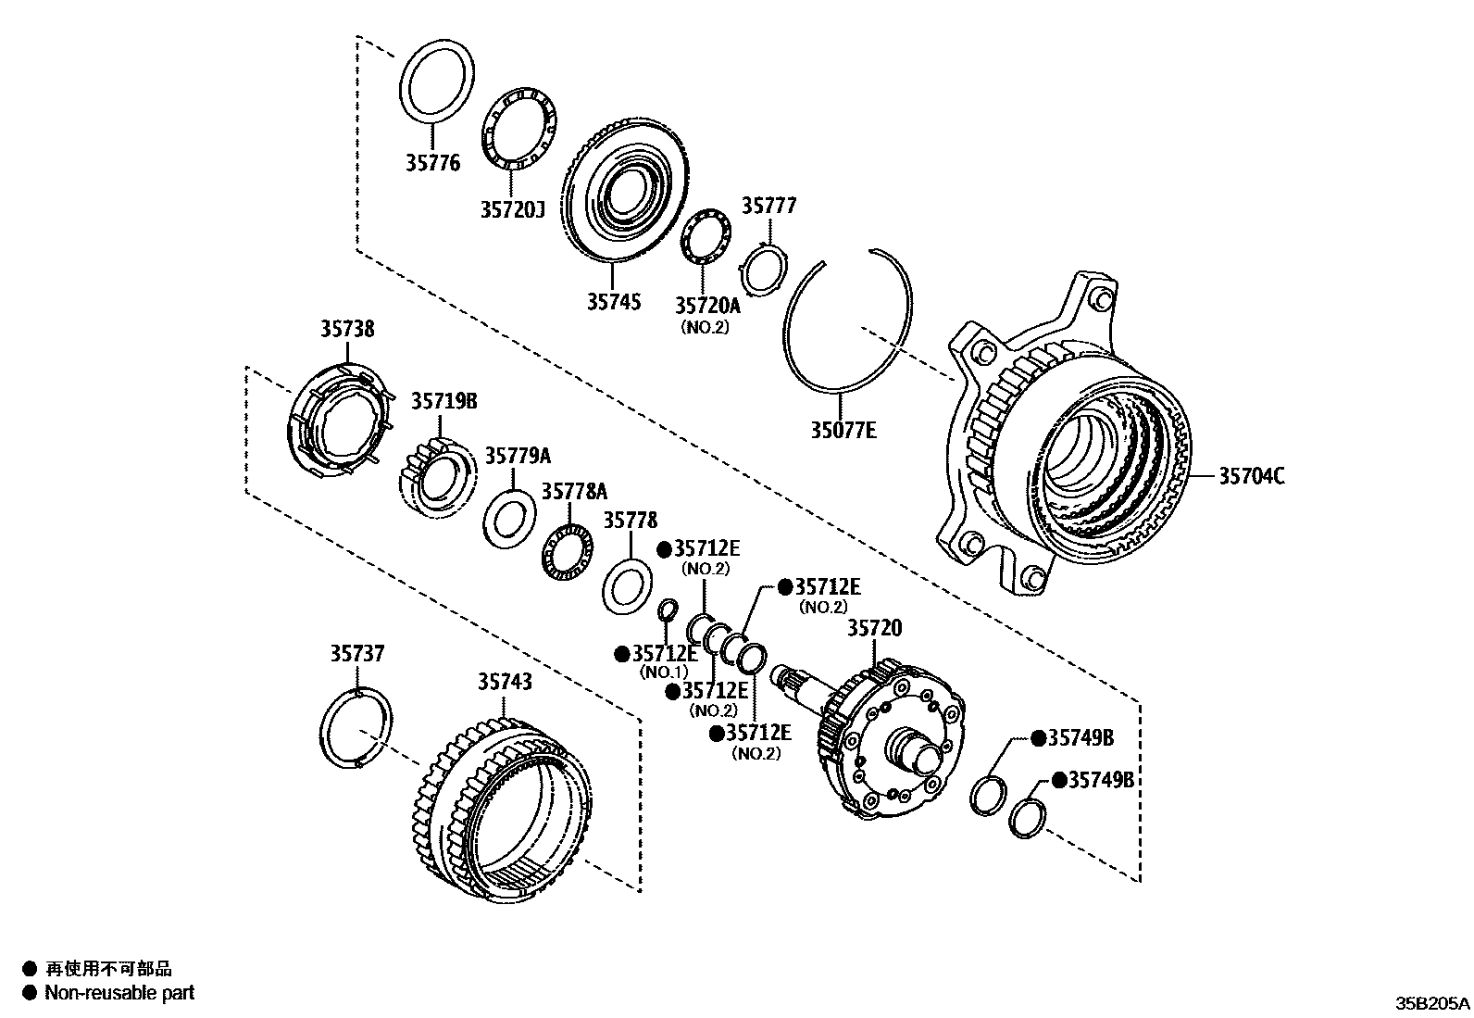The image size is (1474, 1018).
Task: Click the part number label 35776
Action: point(431,164)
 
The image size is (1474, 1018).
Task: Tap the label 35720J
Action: point(511,210)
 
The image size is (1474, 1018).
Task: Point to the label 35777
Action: point(768,206)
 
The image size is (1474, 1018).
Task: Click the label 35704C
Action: point(1251,476)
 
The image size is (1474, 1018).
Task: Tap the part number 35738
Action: point(348,329)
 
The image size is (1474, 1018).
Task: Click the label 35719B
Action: point(444,401)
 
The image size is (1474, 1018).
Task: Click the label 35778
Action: point(631,521)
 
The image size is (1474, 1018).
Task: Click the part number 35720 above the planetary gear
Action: point(875,629)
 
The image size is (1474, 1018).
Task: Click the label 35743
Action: point(505,682)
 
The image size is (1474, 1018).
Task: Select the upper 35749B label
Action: point(1080,737)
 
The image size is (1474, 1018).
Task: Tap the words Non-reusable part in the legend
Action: point(120,993)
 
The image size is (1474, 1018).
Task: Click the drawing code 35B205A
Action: point(1431,1003)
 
